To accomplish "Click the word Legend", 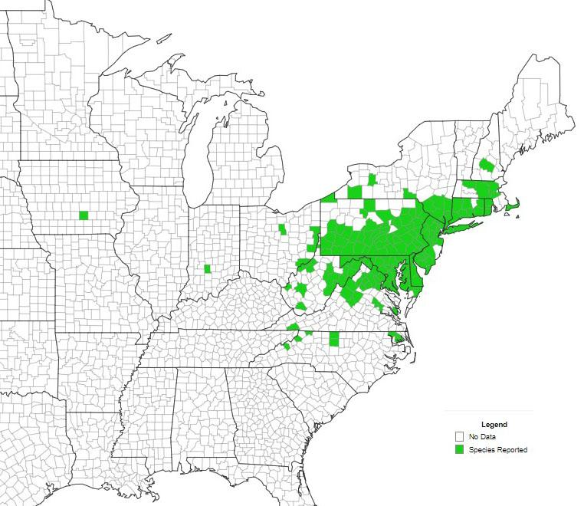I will [494, 424].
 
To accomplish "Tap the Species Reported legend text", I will [498, 449].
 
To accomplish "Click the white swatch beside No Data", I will [459, 437].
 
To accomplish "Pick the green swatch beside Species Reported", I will [459, 449].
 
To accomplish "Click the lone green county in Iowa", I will [84, 215].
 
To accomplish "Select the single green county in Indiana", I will [207, 268].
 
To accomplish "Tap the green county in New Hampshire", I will [486, 165].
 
